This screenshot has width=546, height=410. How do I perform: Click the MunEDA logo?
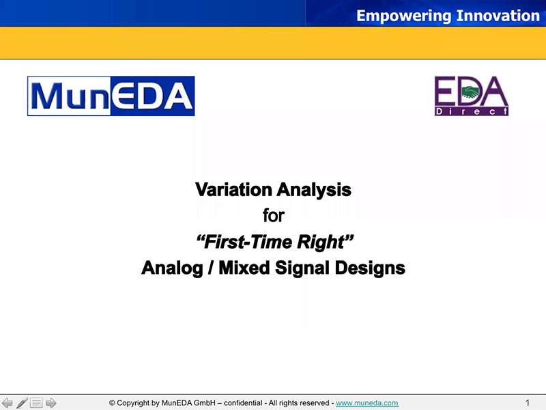[x=111, y=96]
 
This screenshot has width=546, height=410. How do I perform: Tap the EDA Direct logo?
[x=472, y=96]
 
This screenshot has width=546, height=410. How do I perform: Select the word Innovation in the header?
[x=498, y=16]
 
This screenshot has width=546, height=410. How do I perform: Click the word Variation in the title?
[x=233, y=190]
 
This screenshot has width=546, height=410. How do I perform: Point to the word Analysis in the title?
[x=314, y=191]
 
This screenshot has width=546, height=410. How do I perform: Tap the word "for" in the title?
[x=274, y=215]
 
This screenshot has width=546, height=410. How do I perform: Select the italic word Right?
[x=326, y=243]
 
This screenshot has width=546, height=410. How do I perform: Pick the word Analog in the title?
[x=172, y=269]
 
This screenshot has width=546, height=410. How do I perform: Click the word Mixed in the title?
[x=244, y=268]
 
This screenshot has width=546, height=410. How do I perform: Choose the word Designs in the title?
[x=370, y=269]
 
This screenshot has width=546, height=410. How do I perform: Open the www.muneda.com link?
[x=367, y=403]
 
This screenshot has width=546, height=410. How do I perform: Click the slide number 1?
[x=527, y=403]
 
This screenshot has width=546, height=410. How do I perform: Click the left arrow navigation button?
[x=8, y=402]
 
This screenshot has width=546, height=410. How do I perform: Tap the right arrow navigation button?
[x=51, y=402]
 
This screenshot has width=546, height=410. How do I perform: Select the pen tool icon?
[x=22, y=402]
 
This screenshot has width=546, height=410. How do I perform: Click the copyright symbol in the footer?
[x=112, y=403]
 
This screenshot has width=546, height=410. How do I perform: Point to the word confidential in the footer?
[x=243, y=403]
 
